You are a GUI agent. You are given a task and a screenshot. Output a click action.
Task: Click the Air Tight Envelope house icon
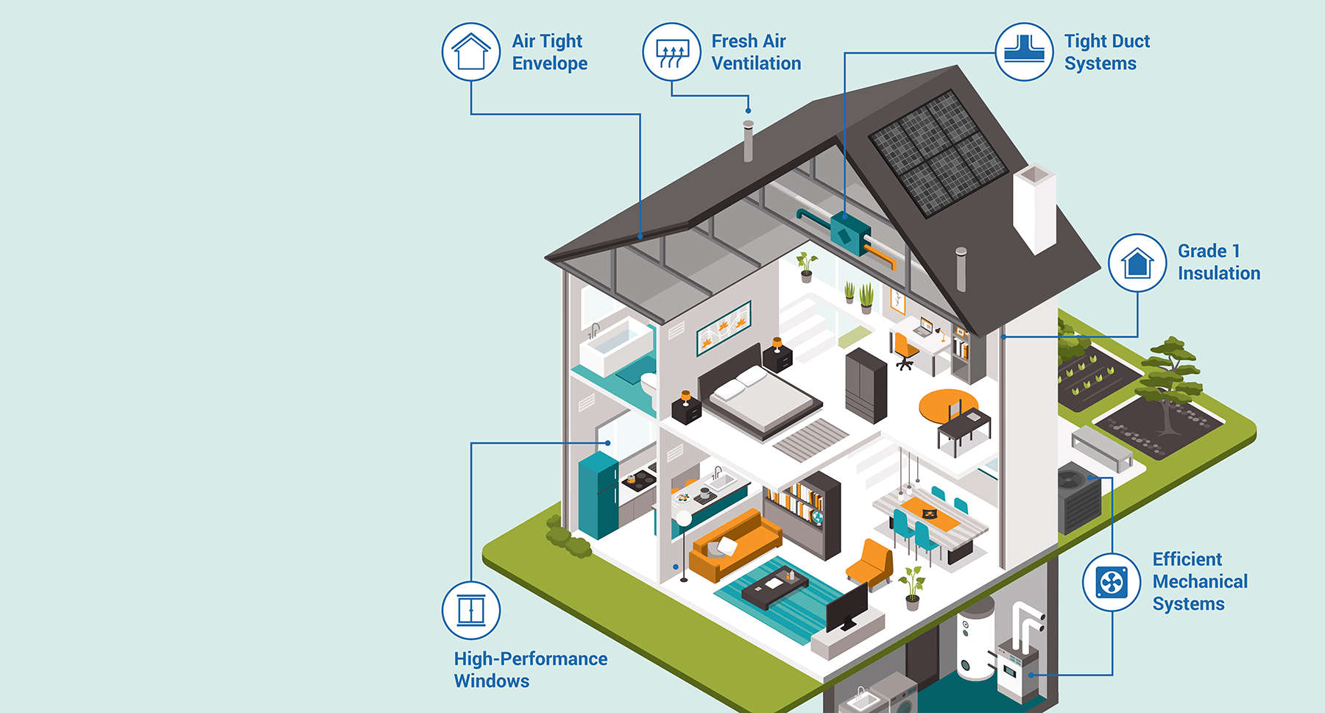(x=471, y=52)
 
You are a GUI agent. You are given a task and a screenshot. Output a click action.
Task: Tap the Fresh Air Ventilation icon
(x=671, y=52)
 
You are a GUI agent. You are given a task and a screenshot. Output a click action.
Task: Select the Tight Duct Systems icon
(x=1024, y=52)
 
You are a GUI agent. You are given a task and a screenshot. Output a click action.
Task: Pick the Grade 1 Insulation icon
(x=1137, y=263)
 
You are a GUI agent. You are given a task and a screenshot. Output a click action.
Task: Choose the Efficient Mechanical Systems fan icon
(x=1112, y=582)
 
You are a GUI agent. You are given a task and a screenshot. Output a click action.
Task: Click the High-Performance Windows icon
(x=471, y=610)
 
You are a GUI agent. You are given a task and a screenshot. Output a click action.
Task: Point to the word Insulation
(x=1219, y=273)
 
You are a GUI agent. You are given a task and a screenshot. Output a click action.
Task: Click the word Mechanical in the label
(x=1200, y=581)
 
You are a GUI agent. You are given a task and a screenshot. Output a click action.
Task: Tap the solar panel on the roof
(x=938, y=153)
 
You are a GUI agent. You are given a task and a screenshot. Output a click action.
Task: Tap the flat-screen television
(x=847, y=608)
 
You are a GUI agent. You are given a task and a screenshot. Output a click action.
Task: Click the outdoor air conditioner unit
(x=1079, y=496)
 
